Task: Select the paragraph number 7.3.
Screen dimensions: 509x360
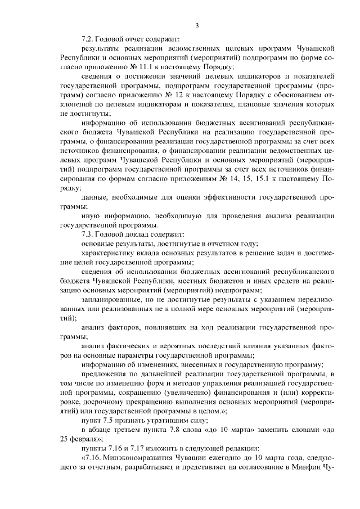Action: pyautogui.click(x=88, y=234)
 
